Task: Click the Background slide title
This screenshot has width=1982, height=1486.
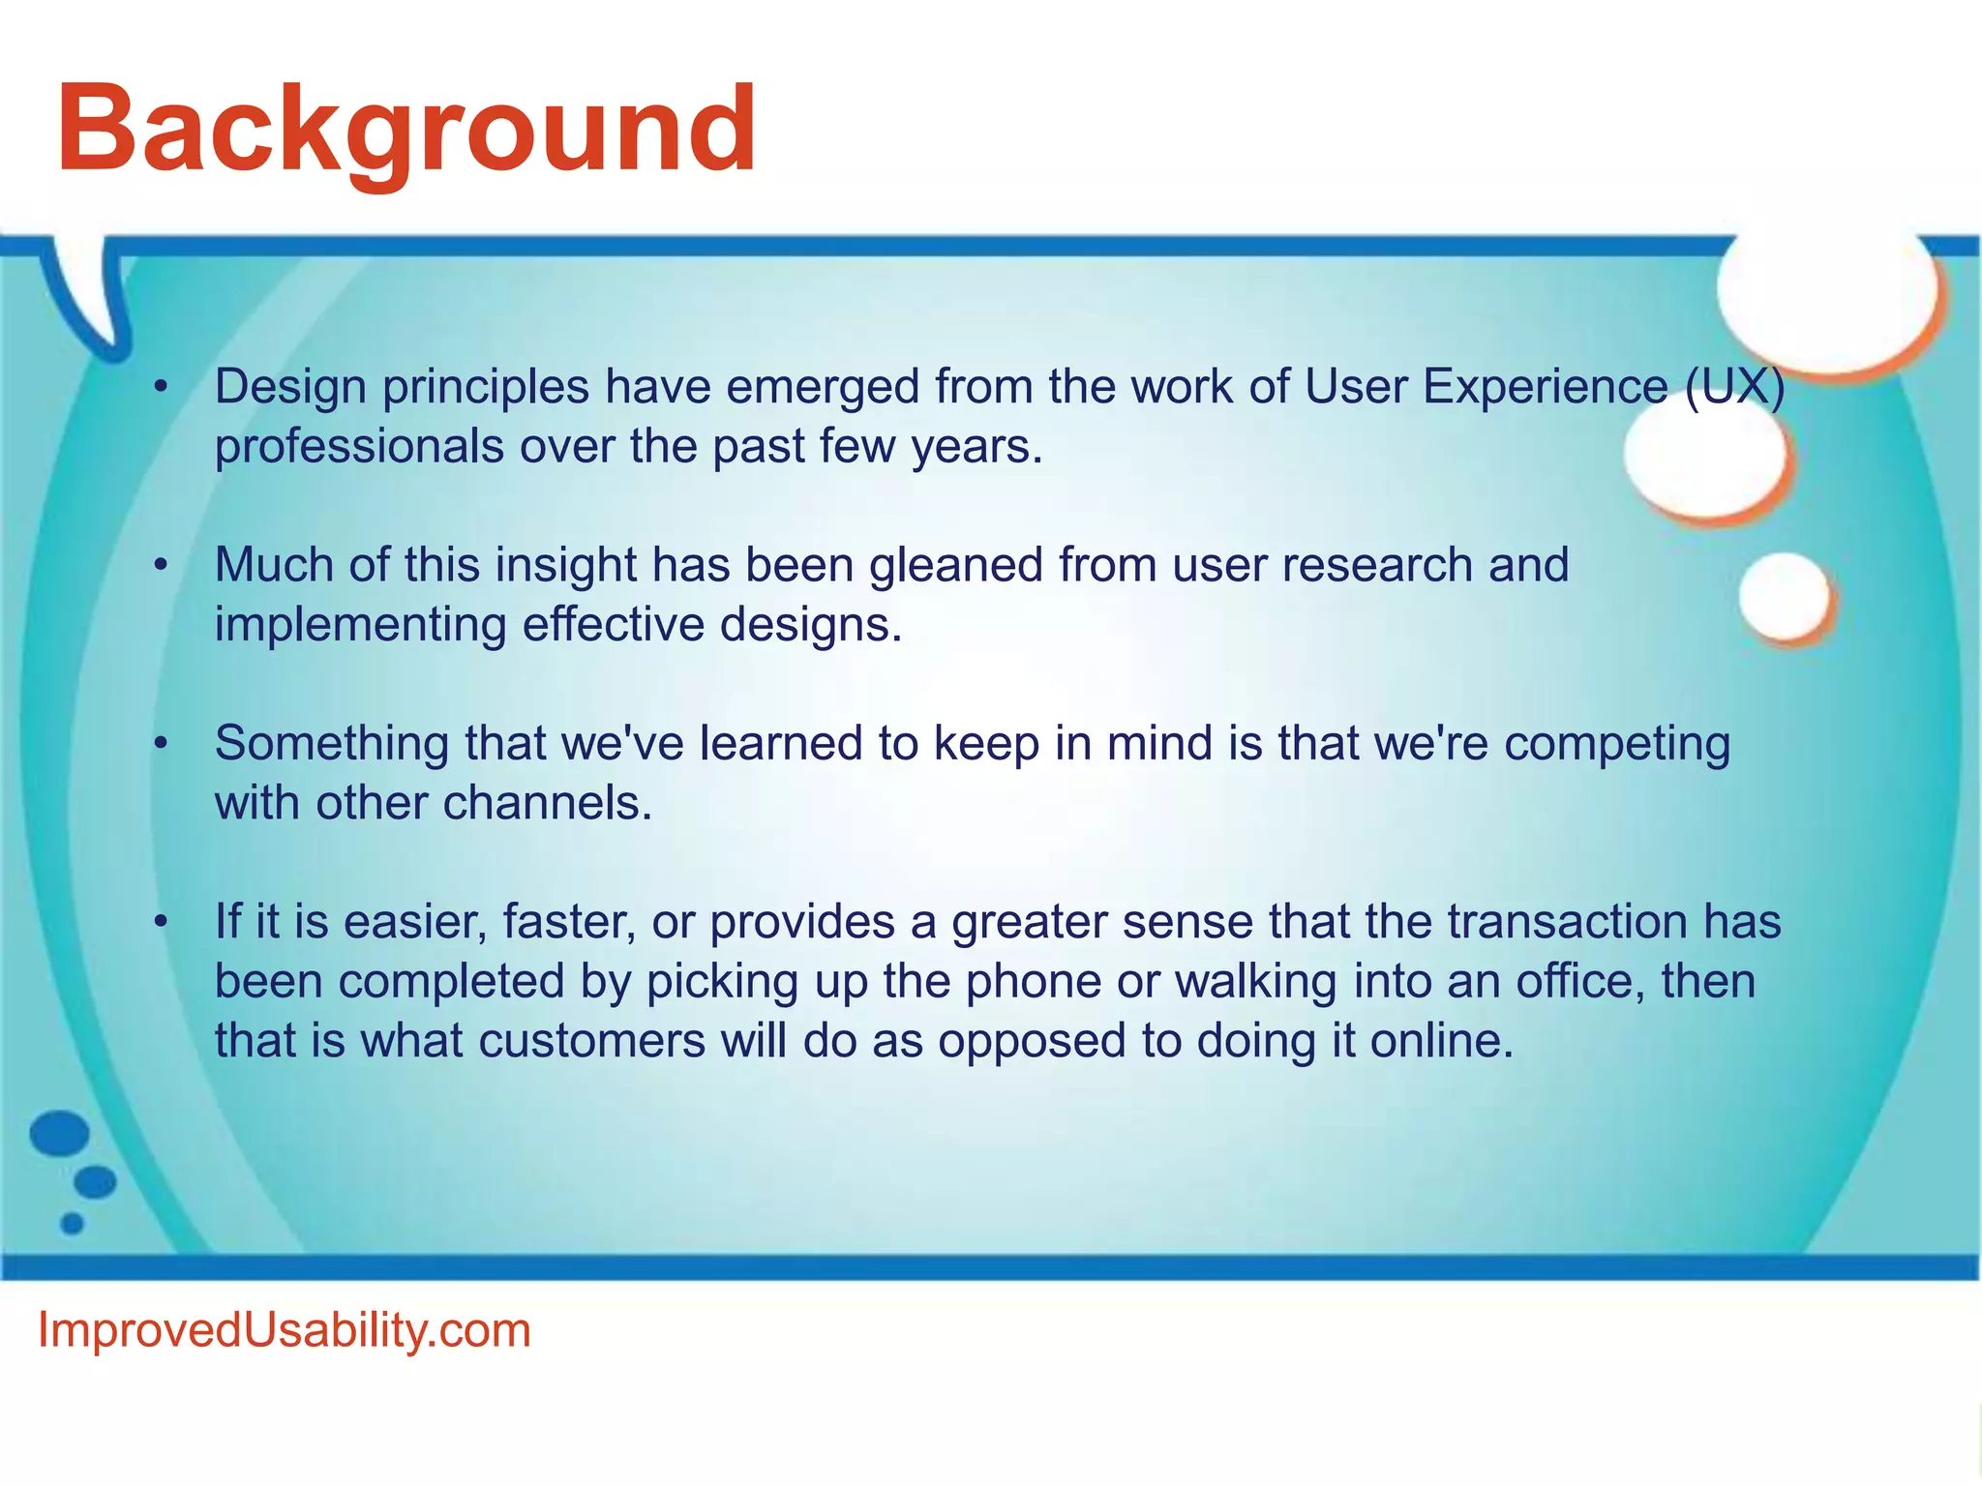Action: tap(406, 132)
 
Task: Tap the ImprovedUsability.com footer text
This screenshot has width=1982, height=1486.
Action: tap(285, 1331)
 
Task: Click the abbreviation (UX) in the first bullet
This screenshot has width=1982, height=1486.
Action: tap(1734, 388)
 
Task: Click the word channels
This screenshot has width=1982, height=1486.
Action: tap(548, 803)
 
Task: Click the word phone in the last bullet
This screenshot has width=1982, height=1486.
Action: tap(1034, 983)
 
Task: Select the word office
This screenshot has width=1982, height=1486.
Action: tap(1581, 981)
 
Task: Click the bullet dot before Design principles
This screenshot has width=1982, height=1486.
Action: tap(162, 389)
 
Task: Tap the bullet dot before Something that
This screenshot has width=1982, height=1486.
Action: tap(162, 745)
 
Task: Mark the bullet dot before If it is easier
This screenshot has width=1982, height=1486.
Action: tap(162, 923)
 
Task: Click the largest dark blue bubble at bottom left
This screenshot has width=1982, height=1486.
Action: tap(60, 1133)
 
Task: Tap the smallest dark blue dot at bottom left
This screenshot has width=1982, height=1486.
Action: tap(73, 1224)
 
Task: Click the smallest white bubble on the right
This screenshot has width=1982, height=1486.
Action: tap(1785, 596)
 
